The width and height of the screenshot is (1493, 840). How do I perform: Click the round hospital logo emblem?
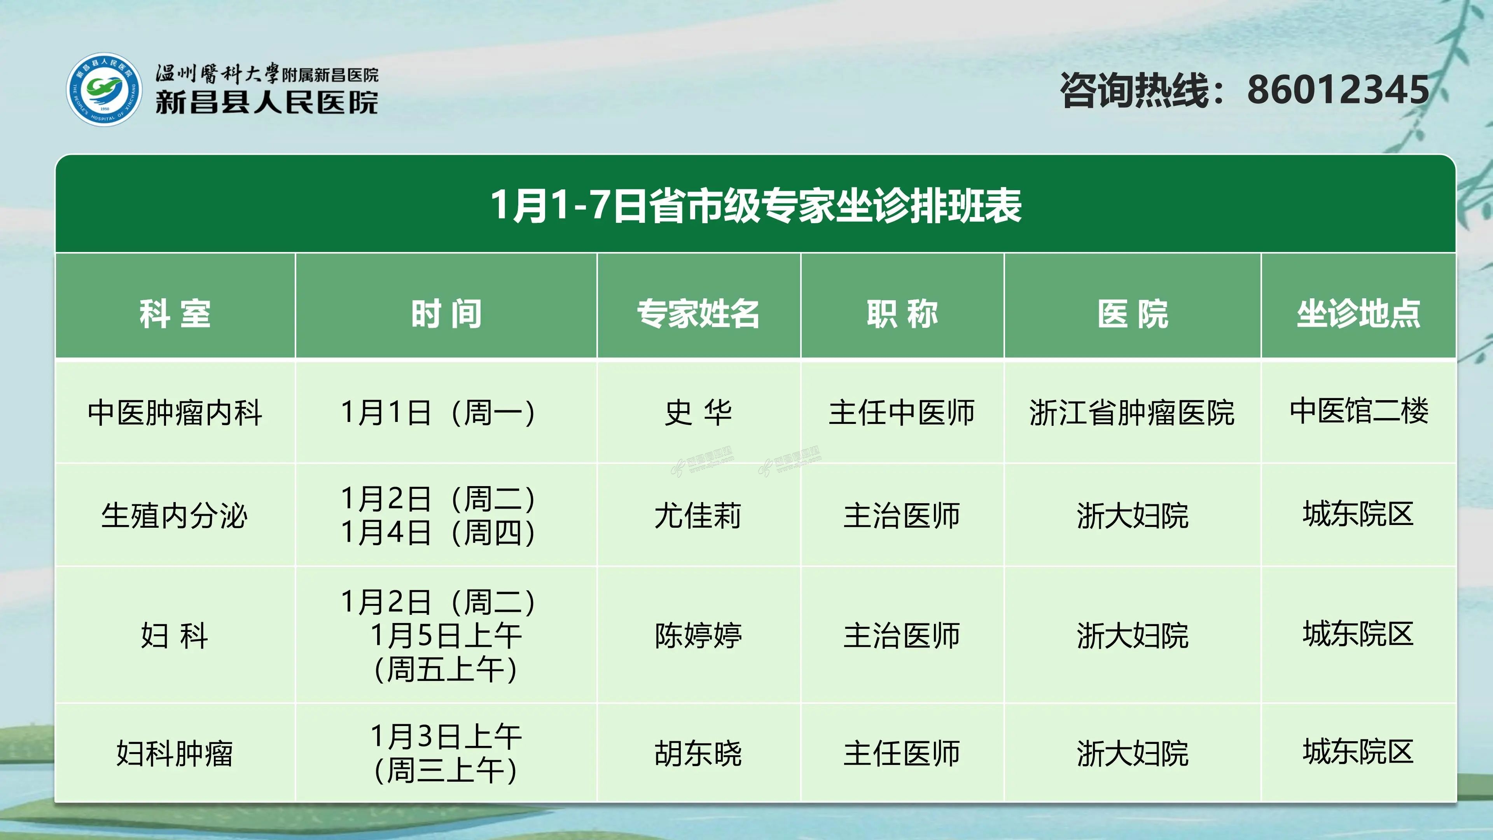(x=104, y=89)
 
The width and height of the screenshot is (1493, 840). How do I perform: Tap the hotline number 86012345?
(x=1338, y=90)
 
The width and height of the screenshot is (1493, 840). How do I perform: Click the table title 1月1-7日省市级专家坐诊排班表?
(x=756, y=205)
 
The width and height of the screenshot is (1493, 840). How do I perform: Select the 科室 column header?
(x=175, y=313)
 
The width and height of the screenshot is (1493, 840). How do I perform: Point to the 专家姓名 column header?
(x=698, y=313)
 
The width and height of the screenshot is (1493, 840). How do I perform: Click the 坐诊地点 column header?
(x=1358, y=313)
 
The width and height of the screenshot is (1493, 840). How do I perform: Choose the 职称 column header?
(x=902, y=313)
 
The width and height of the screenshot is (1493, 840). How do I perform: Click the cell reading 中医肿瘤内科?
(x=175, y=413)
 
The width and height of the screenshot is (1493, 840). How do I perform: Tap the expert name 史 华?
(x=698, y=413)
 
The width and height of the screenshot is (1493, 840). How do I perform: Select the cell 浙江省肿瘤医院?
(x=1132, y=413)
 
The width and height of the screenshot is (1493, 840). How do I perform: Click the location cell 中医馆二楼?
(x=1358, y=411)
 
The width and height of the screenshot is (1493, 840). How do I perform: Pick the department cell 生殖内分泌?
(x=175, y=515)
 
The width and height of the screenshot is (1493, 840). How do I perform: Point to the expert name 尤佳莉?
(x=698, y=515)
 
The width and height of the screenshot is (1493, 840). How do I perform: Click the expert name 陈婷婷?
(x=698, y=635)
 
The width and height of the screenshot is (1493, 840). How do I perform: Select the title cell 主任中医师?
(x=902, y=413)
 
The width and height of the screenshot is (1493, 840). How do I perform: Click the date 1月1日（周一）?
(x=438, y=413)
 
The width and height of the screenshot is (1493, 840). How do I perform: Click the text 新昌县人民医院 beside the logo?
(x=267, y=103)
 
